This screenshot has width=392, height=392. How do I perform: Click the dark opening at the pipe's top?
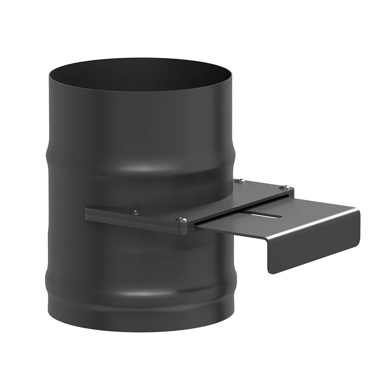coord(141,74)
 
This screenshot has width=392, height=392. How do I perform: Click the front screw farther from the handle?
coord(136,212)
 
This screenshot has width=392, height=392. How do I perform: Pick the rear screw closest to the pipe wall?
coord(240,181)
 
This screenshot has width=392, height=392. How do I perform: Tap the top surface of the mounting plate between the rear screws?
coord(263,187)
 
